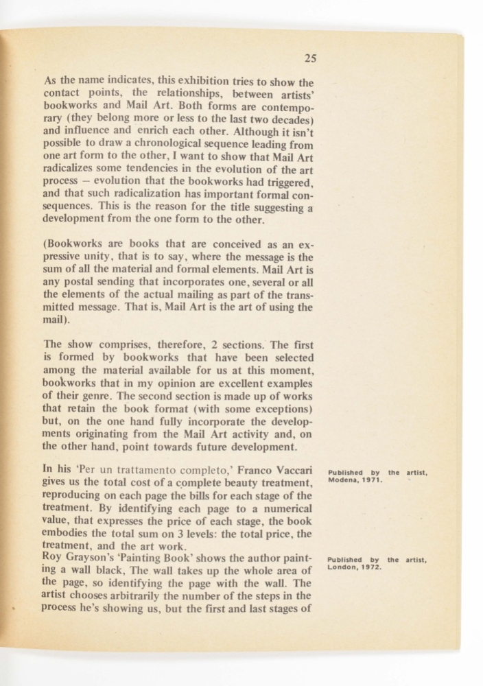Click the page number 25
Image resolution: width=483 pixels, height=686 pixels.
(x=310, y=58)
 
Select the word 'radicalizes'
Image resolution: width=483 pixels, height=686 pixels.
(x=73, y=170)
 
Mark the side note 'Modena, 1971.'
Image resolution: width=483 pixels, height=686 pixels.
(x=355, y=480)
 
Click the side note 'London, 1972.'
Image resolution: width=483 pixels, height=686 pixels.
(x=354, y=567)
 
